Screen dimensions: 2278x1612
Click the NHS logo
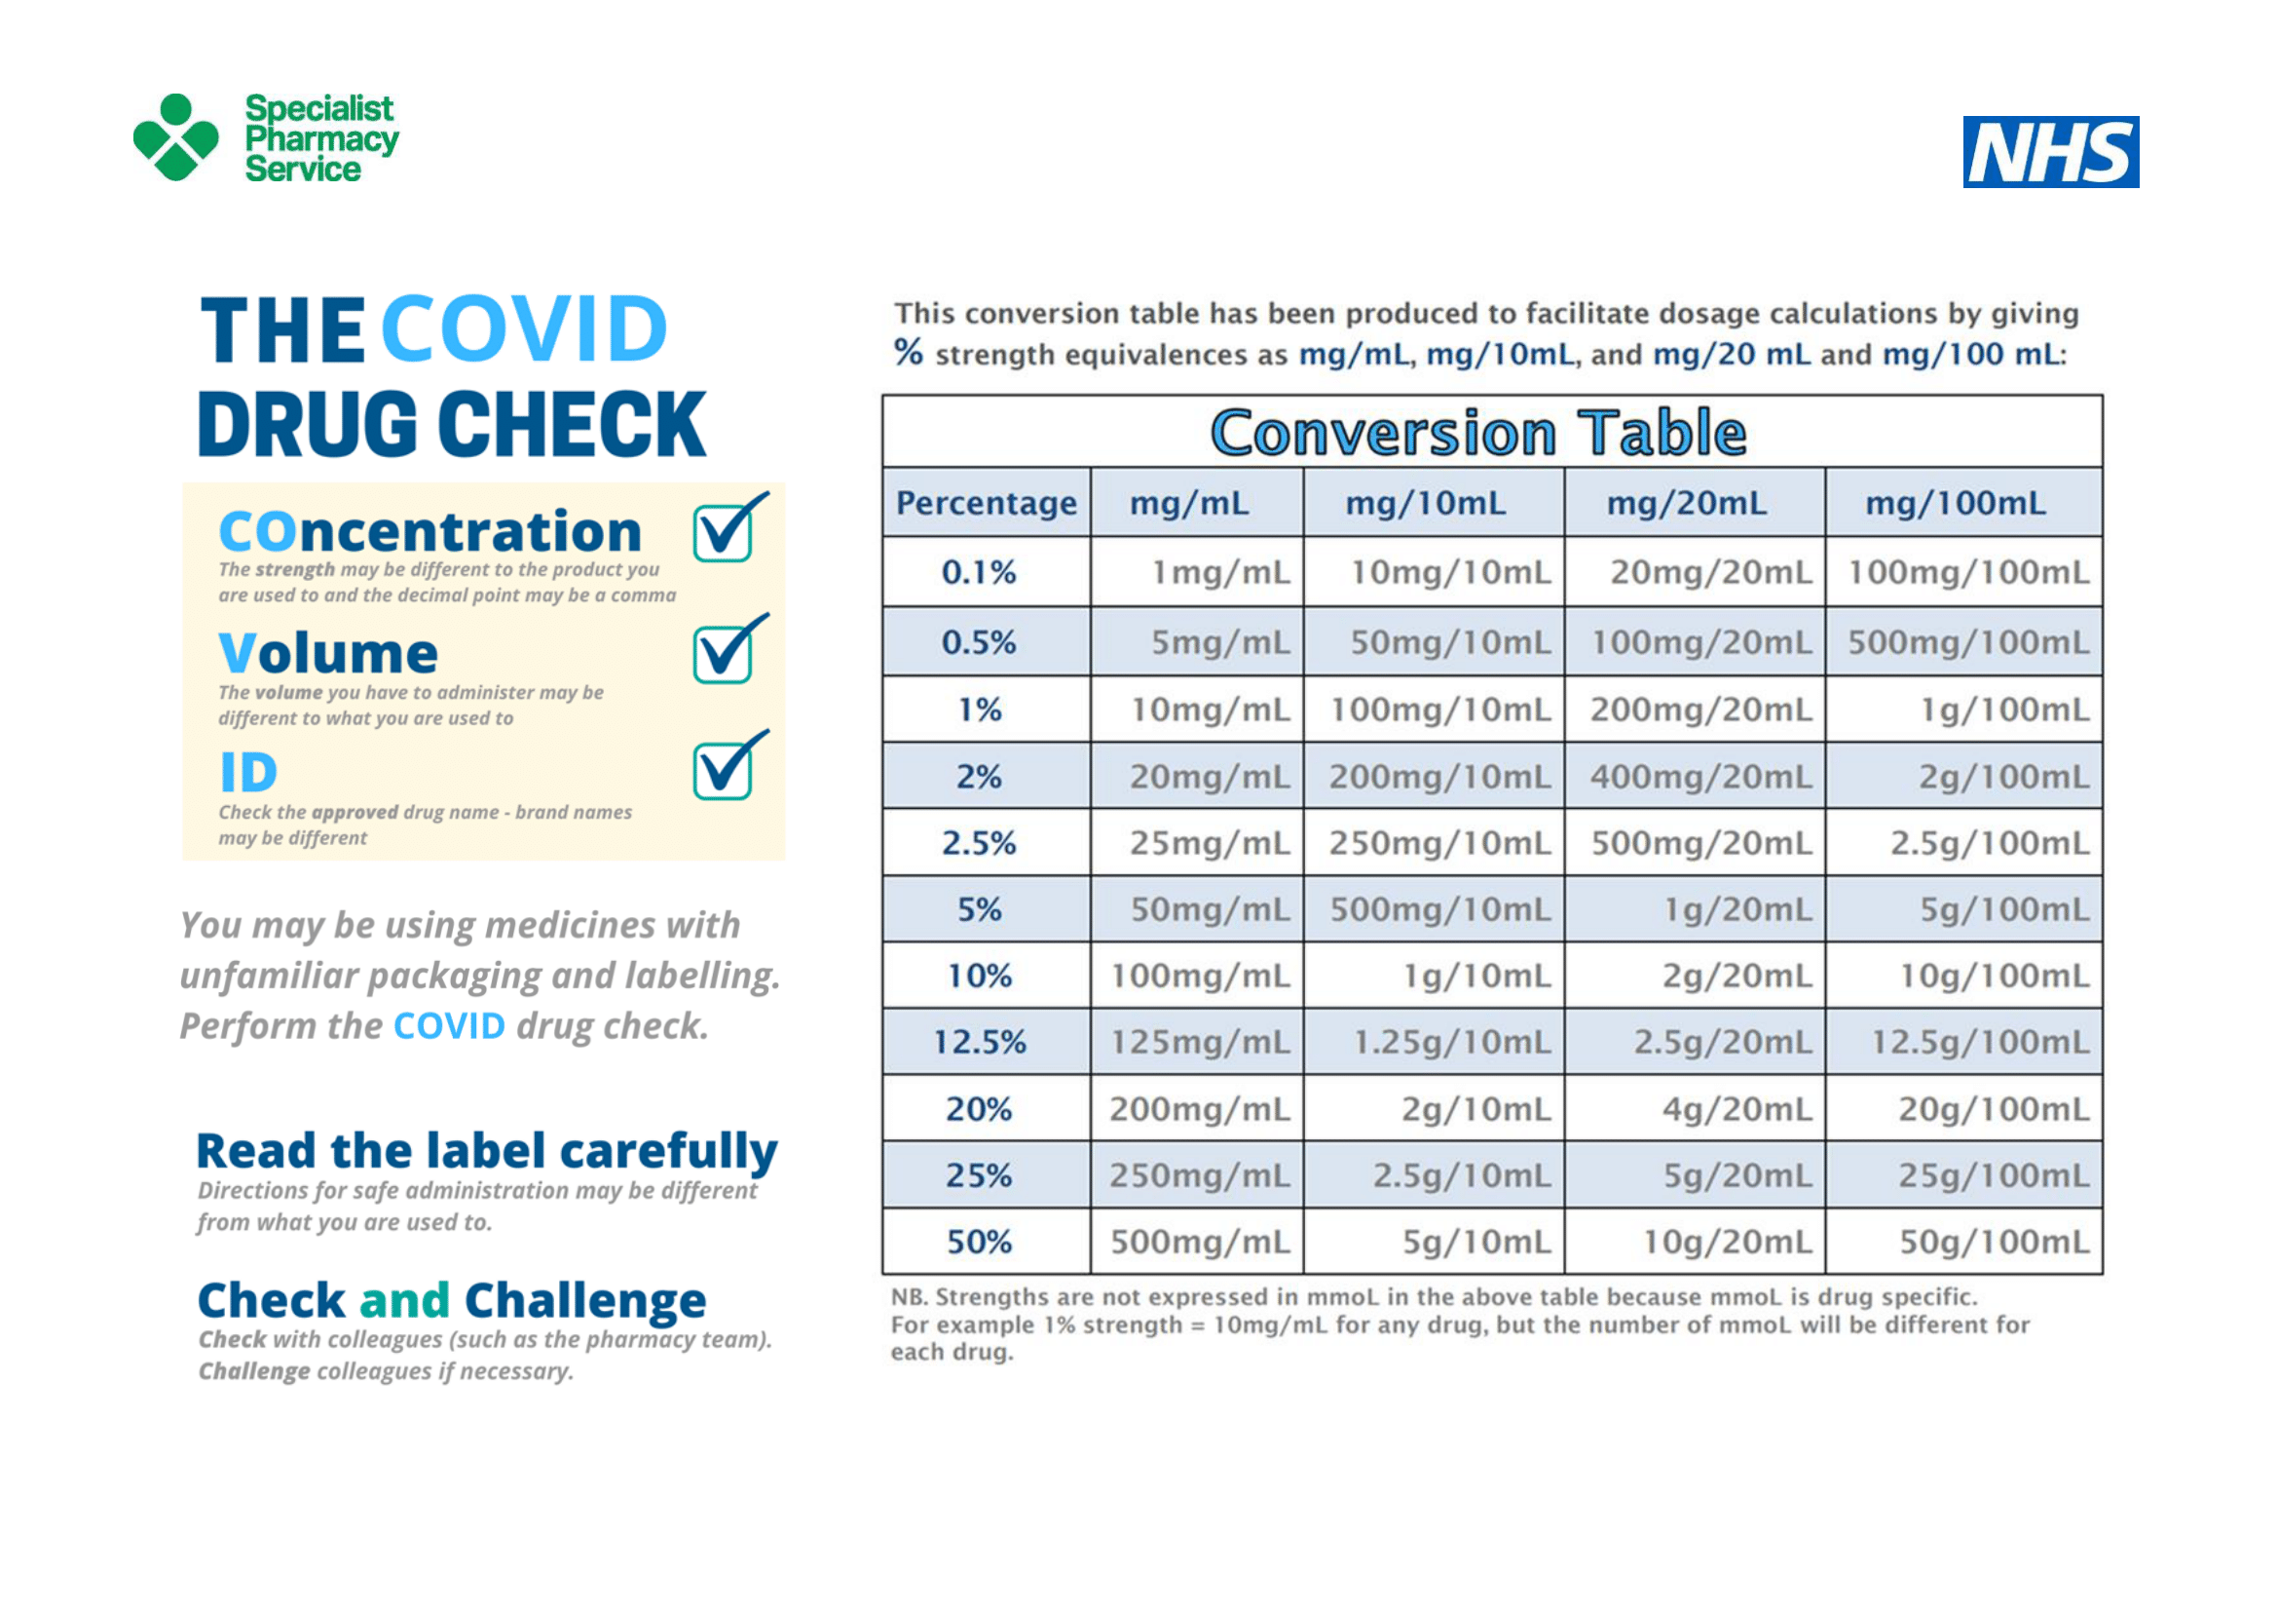click(2050, 152)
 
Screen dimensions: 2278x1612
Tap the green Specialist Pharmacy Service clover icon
click(175, 137)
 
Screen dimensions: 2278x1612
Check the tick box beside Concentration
click(730, 527)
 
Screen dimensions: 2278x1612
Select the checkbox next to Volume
click(730, 649)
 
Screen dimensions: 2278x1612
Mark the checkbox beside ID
click(730, 765)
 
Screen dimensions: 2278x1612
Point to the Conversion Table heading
click(1478, 433)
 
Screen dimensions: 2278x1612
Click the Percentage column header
click(987, 503)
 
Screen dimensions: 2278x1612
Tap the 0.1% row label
click(979, 573)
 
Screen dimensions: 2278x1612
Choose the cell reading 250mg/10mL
click(1439, 844)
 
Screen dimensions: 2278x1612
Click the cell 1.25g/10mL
click(1452, 1042)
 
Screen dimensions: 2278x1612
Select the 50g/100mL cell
click(1995, 1242)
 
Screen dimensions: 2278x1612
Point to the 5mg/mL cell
click(1220, 643)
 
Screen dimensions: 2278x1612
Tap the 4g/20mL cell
click(1737, 1110)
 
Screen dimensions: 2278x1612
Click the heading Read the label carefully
click(487, 1152)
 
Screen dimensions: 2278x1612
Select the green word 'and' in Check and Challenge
click(405, 1300)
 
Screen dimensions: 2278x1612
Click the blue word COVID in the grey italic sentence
click(449, 1026)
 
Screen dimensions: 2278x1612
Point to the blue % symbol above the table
click(909, 352)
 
